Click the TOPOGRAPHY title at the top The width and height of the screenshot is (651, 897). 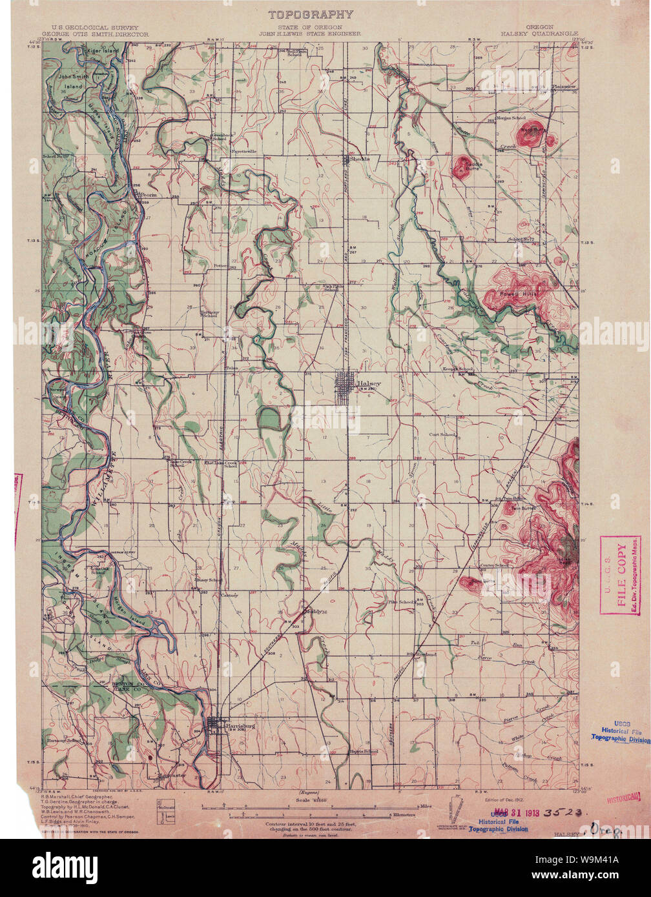tap(311, 14)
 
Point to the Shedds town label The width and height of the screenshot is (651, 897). tap(359, 158)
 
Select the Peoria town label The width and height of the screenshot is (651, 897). tap(150, 194)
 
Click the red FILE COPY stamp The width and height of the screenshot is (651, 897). tap(620, 575)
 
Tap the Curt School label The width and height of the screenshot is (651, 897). tap(442, 435)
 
